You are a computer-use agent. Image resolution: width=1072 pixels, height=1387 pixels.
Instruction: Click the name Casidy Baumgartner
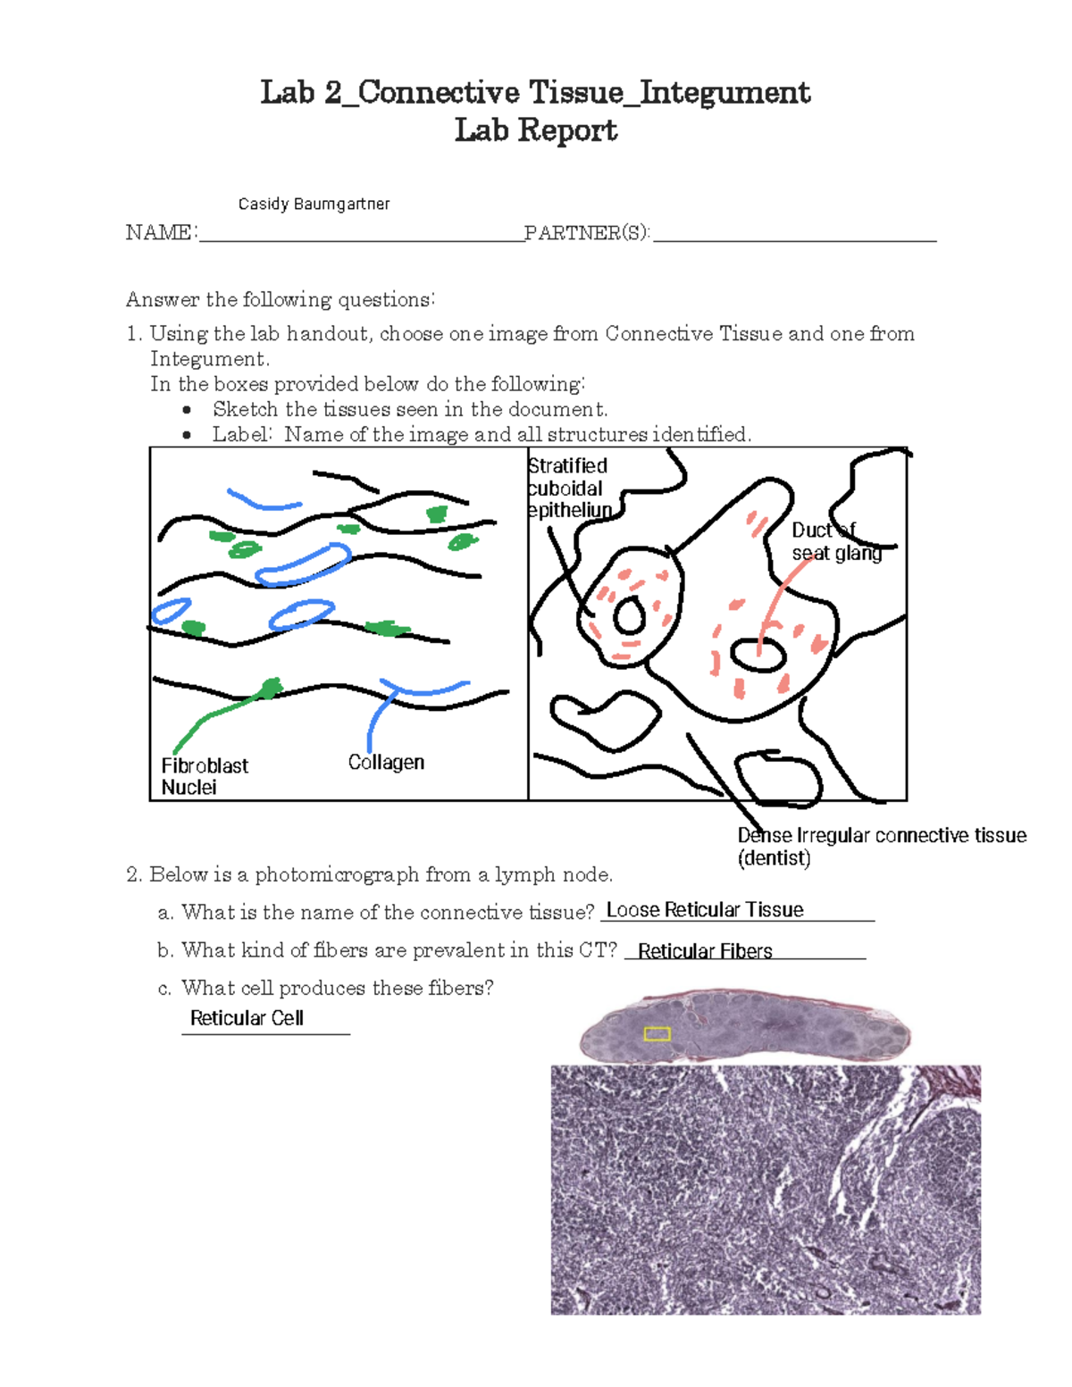[x=314, y=204]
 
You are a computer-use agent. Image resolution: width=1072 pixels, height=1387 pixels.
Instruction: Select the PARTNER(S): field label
[x=587, y=233]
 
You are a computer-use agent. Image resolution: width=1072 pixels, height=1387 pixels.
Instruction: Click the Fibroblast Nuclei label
[x=205, y=776]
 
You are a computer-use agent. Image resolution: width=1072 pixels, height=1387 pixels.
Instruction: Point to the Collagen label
[x=386, y=762]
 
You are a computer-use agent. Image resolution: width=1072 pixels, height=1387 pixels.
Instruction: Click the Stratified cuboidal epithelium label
[x=569, y=489]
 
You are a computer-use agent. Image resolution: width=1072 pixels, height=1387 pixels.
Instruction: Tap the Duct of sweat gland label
[x=835, y=542]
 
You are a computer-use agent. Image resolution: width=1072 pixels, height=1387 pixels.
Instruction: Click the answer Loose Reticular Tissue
[x=705, y=909]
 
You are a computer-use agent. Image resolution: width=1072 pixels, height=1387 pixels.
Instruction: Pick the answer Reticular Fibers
[x=705, y=951]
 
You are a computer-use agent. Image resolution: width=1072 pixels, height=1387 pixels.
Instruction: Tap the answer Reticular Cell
[x=247, y=1018]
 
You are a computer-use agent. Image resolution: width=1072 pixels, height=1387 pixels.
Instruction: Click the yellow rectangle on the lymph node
[x=657, y=1033]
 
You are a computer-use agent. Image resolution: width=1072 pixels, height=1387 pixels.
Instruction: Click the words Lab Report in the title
[x=536, y=130]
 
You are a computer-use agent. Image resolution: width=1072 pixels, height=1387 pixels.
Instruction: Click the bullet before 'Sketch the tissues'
[x=187, y=410]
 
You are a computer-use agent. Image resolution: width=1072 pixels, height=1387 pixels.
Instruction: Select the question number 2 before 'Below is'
[x=134, y=874]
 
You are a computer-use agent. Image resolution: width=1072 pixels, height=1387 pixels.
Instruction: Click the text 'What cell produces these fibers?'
[x=337, y=988]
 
